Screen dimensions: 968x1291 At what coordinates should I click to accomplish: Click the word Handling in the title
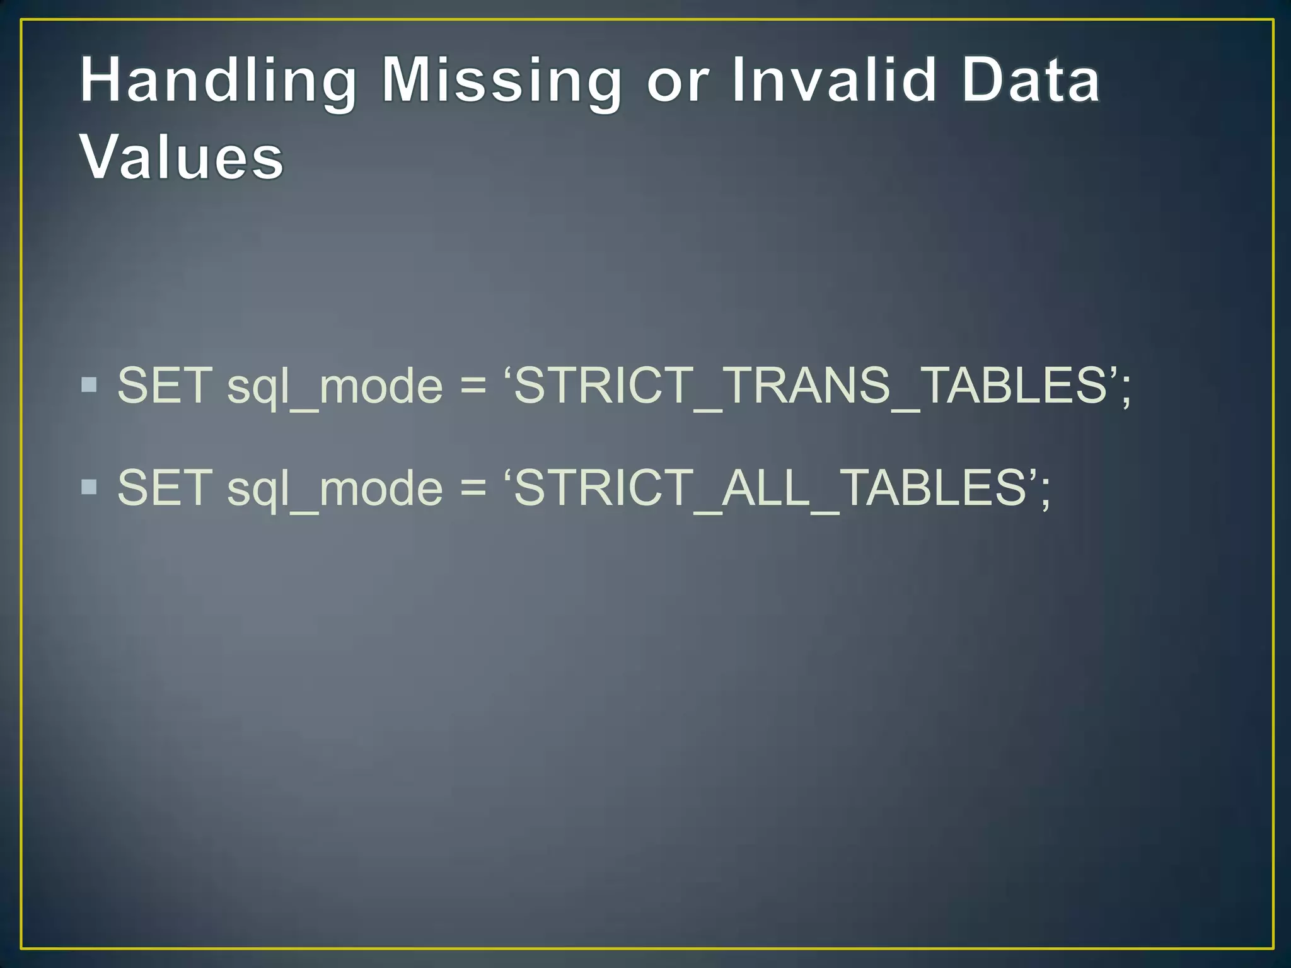tap(218, 80)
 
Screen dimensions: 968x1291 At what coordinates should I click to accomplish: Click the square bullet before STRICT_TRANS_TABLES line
tap(90, 384)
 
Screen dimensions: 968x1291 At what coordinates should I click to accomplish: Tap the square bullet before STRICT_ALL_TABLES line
tap(90, 486)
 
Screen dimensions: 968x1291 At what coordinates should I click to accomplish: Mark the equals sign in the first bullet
tap(473, 386)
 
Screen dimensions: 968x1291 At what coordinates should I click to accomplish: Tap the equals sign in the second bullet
tap(473, 488)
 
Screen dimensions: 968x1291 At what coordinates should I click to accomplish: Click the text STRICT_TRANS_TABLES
tap(811, 385)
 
